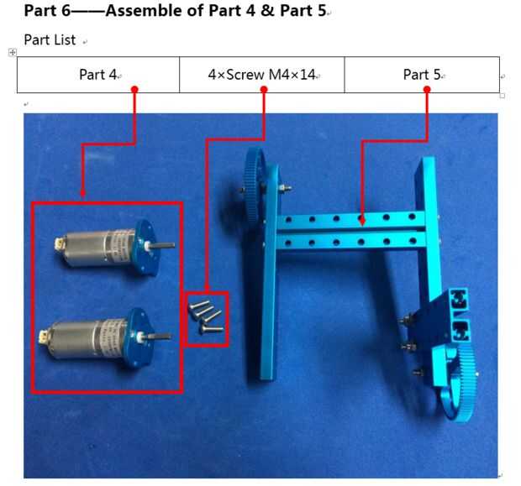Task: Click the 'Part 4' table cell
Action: [x=98, y=75]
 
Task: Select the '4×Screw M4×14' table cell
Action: [x=262, y=75]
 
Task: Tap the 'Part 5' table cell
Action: [x=422, y=75]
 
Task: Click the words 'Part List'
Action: [x=50, y=40]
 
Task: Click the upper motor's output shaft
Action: [x=164, y=246]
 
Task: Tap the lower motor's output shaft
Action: [x=161, y=337]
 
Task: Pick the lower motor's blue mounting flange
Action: [x=139, y=337]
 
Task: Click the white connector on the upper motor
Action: [x=59, y=244]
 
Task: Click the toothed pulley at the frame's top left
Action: [x=255, y=186]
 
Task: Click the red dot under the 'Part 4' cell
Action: [x=134, y=89]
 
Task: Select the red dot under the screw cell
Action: [x=264, y=89]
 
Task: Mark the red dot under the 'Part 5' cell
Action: [x=427, y=89]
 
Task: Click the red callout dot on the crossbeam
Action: [x=362, y=221]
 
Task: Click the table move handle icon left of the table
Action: [x=13, y=52]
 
